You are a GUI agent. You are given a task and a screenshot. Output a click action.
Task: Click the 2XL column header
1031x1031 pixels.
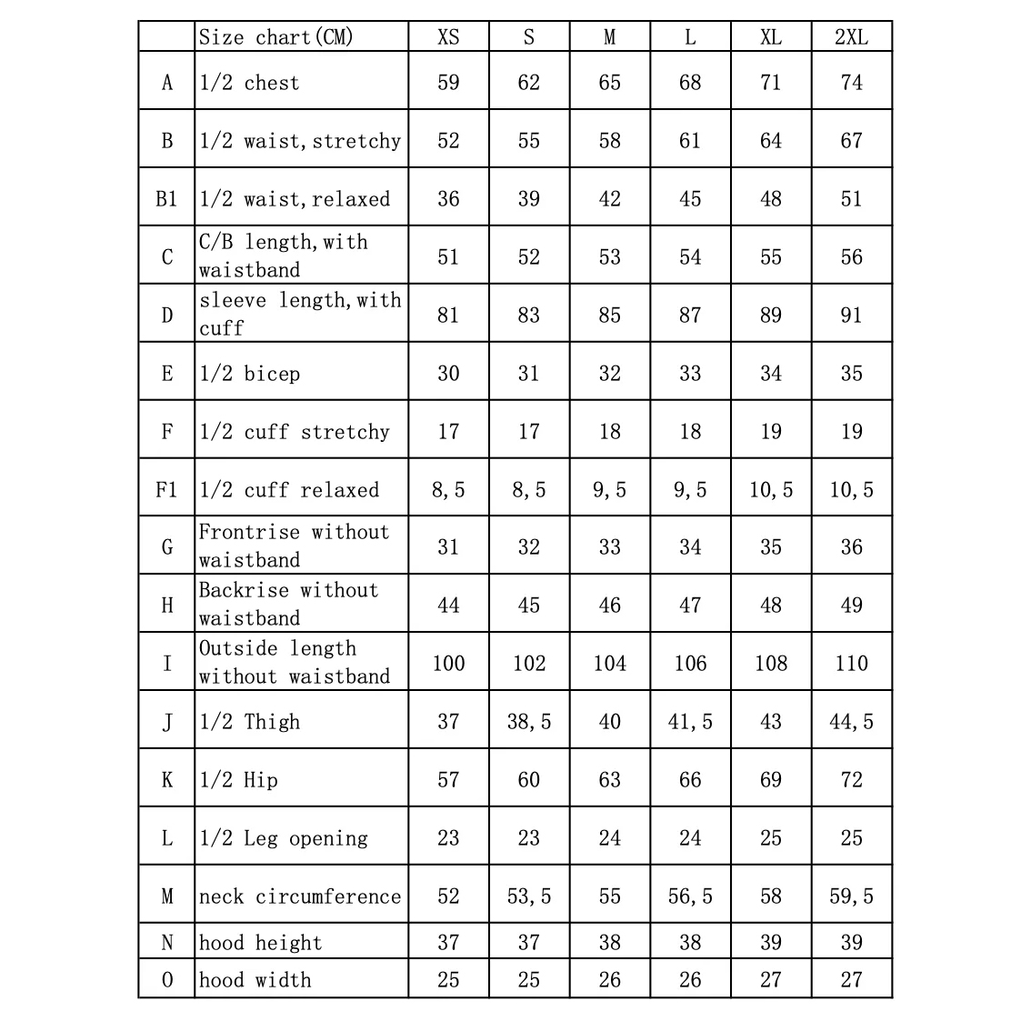point(851,37)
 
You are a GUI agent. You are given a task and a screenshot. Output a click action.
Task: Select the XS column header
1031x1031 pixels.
point(448,37)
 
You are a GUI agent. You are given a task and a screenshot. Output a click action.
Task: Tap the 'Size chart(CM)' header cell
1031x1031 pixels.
point(275,37)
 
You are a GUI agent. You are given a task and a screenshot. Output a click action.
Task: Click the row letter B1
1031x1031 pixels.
point(166,199)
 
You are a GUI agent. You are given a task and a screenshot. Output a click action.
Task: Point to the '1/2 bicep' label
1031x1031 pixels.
point(249,374)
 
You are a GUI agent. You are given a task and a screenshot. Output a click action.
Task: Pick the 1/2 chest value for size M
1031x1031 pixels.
point(609,83)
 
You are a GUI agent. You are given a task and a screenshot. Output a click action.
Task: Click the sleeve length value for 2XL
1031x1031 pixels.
point(851,315)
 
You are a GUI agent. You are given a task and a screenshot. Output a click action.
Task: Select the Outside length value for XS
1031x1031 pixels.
point(448,664)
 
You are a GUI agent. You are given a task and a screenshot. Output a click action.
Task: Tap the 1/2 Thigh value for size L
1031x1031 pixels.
point(690,722)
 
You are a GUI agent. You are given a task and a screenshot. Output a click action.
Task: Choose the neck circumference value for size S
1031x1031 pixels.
point(528,896)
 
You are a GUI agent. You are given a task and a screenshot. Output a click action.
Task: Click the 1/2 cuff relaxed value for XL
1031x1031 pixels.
point(771,490)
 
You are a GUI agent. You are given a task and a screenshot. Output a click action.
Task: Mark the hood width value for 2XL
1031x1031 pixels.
point(851,980)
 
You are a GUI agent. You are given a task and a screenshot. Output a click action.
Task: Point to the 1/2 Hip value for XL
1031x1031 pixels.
point(771,780)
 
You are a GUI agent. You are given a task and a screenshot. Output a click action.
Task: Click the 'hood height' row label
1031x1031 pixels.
point(260,943)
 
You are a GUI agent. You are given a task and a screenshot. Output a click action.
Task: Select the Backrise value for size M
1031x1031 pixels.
point(609,606)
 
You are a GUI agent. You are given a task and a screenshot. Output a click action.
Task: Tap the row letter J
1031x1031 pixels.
point(166,722)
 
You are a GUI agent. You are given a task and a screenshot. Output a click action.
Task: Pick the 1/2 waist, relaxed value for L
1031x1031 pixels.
point(690,199)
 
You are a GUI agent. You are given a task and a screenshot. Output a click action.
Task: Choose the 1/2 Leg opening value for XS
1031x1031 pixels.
point(448,838)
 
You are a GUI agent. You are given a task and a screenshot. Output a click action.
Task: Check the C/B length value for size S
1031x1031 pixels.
point(528,257)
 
